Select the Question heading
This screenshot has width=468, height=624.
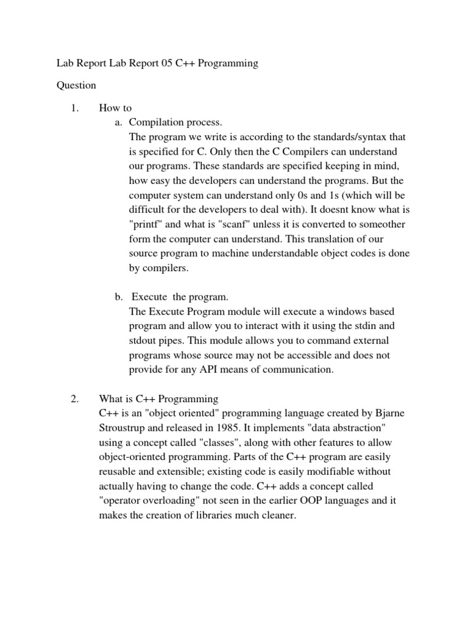76,86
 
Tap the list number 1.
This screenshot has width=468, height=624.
74,108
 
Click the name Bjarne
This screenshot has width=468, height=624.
389,414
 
